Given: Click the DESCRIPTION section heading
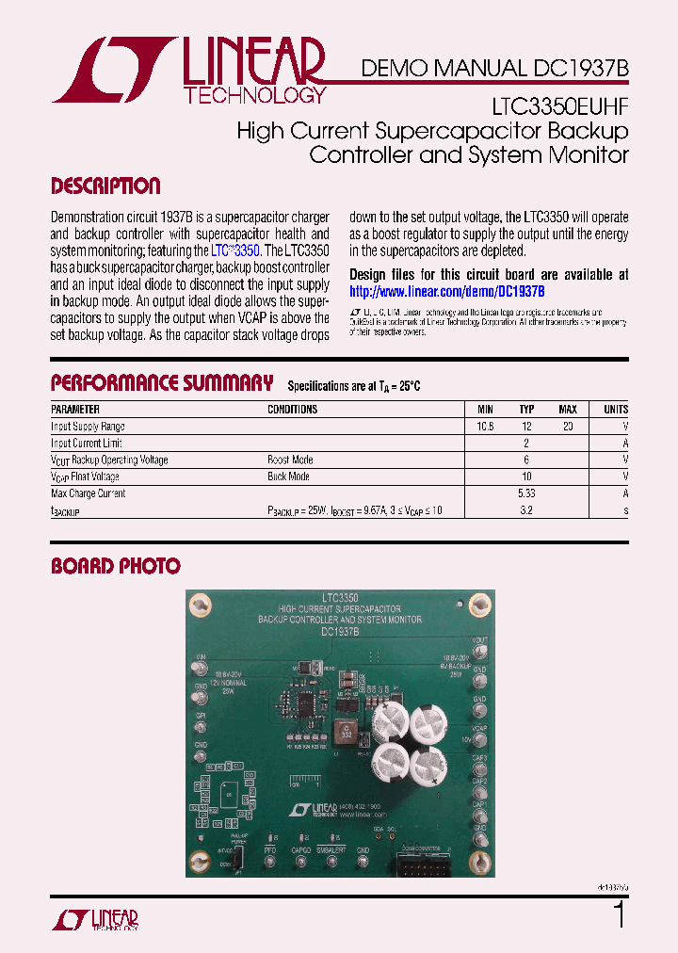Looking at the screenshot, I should [105, 186].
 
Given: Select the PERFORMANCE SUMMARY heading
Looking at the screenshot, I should [161, 383].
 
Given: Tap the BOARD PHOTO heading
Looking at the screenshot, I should [115, 566].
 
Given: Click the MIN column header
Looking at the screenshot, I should [485, 410].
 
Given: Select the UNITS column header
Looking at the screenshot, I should [616, 410].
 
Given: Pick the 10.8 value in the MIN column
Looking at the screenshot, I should [485, 427].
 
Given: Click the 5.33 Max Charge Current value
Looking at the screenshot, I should [526, 493].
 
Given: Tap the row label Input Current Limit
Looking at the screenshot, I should [87, 444].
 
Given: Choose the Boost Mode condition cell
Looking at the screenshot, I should [290, 460].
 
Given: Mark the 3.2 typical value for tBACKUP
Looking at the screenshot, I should [526, 510].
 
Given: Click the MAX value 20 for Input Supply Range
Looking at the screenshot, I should [568, 427].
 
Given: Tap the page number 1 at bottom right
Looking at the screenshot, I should [619, 915].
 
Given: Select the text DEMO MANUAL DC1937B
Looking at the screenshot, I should [495, 69].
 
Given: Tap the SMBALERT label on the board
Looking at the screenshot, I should [331, 848].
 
